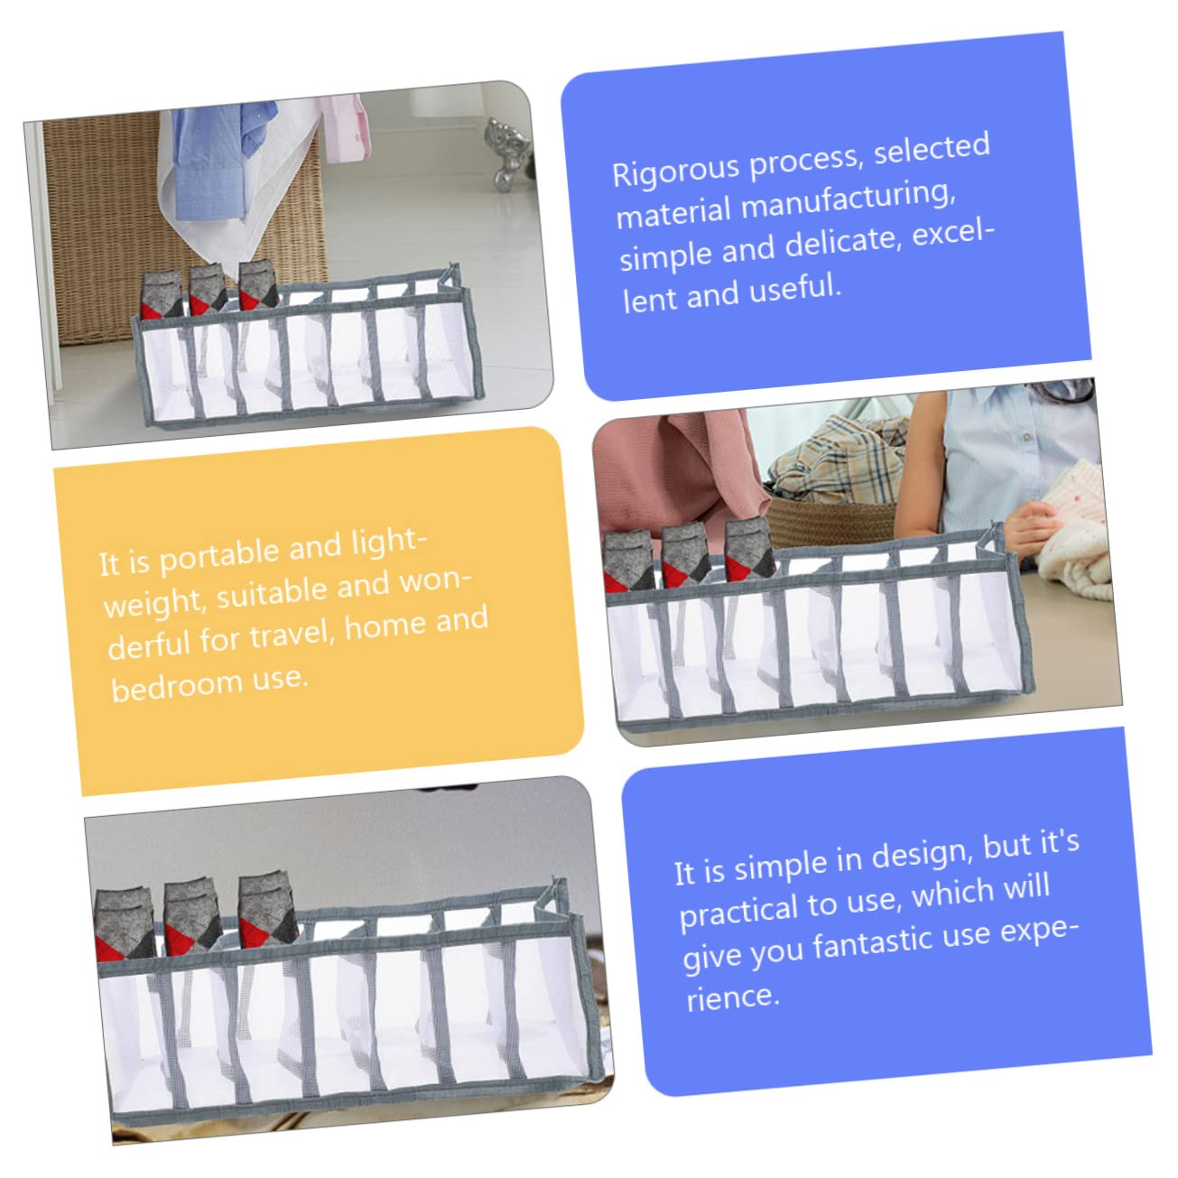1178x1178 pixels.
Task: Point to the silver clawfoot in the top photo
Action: pos(506,153)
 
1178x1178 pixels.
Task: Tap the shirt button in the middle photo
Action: pos(1026,437)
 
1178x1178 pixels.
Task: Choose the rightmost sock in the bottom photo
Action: pos(266,912)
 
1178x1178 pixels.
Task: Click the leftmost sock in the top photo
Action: pos(162,295)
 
